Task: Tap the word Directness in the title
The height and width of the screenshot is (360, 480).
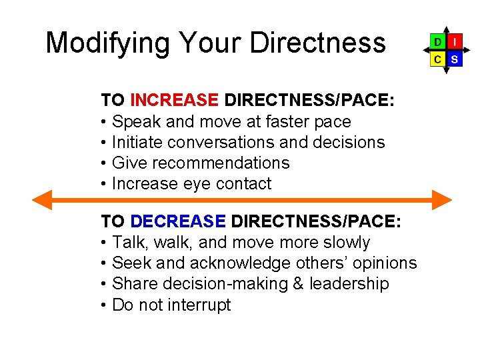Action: [x=317, y=43]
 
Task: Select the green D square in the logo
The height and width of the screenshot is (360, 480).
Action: [x=437, y=41]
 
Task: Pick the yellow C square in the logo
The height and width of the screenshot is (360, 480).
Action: [x=437, y=59]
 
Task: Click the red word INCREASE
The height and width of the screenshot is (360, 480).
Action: [x=175, y=101]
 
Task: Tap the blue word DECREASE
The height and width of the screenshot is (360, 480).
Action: [x=179, y=222]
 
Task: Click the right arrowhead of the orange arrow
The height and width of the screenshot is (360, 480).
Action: [x=442, y=200]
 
